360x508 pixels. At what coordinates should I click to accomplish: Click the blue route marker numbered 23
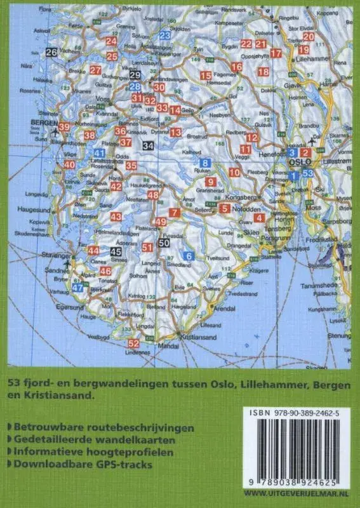(x=165, y=36)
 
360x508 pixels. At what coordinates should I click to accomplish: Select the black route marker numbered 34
(x=149, y=145)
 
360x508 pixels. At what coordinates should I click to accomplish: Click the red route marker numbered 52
(x=133, y=344)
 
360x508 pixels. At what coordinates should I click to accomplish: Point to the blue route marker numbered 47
(x=77, y=287)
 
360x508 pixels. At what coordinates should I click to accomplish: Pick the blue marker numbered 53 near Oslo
(x=308, y=173)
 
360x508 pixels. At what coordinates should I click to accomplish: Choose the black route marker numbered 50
(x=164, y=243)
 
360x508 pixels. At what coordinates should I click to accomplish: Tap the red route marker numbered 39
(x=64, y=128)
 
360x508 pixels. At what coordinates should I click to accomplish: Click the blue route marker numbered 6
(x=188, y=256)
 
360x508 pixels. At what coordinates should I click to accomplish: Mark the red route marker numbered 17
(x=276, y=53)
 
